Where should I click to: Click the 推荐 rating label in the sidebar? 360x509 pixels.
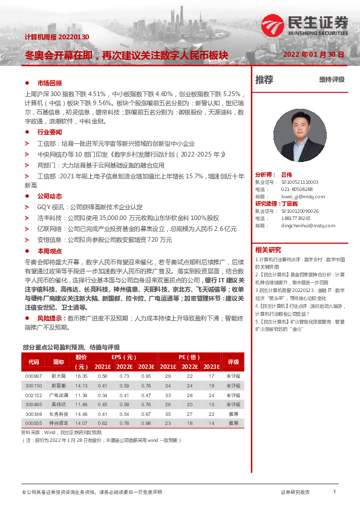pyautogui.click(x=264, y=79)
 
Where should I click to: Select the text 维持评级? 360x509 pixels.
pyautogui.click(x=332, y=80)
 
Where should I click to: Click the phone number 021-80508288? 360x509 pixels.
pyautogui.click(x=296, y=189)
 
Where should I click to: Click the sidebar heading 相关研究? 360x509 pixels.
pyautogui.click(x=268, y=250)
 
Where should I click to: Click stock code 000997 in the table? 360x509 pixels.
pyautogui.click(x=33, y=376)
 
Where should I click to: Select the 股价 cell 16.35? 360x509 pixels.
pyautogui.click(x=81, y=376)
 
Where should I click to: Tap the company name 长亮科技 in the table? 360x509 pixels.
pyautogui.click(x=58, y=414)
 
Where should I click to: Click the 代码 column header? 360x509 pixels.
pyautogui.click(x=33, y=361)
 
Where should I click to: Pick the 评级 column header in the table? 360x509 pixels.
pyautogui.click(x=233, y=361)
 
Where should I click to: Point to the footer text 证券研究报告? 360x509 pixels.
pyautogui.click(x=296, y=493)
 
